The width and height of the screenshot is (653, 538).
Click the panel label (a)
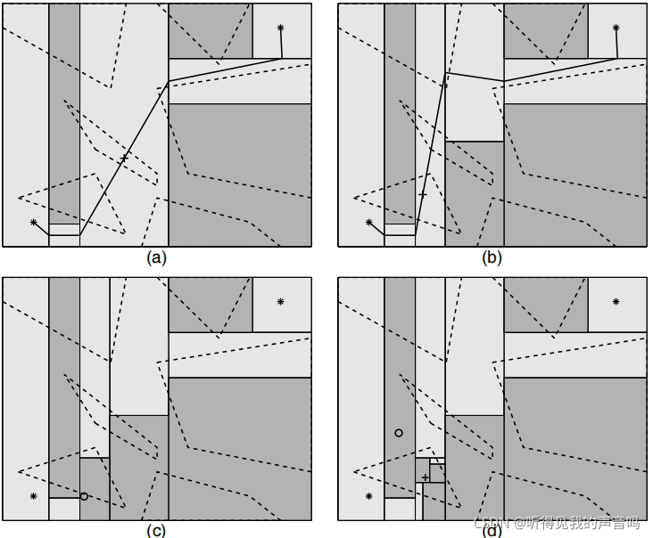tap(156, 258)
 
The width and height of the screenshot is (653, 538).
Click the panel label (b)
tap(492, 258)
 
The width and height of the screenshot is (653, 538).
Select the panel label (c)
tap(156, 531)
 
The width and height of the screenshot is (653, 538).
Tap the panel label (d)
tap(492, 531)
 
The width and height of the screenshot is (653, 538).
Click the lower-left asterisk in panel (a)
tap(34, 222)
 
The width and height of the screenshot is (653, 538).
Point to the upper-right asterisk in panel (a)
tap(280, 28)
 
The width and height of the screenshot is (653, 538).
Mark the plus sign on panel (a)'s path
tap(124, 158)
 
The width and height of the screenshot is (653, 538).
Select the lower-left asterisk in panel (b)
tap(368, 222)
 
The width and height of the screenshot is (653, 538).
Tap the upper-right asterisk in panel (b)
tap(616, 28)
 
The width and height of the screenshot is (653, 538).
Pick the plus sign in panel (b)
tap(423, 194)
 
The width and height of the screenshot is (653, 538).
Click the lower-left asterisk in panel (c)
tap(34, 495)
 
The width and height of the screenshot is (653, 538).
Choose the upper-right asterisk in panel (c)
tap(280, 302)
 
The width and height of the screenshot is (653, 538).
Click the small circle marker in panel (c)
tap(83, 496)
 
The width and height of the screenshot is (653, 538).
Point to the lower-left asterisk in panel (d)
tap(368, 495)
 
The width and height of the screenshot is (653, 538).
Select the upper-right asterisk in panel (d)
tap(616, 302)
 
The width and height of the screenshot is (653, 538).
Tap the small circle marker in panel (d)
tap(399, 433)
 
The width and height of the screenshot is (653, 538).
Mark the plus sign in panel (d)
tap(426, 477)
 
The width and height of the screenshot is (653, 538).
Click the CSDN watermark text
tap(552, 523)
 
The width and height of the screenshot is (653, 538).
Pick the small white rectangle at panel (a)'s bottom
tap(64, 229)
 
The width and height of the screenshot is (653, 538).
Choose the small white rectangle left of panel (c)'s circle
tap(64, 509)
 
